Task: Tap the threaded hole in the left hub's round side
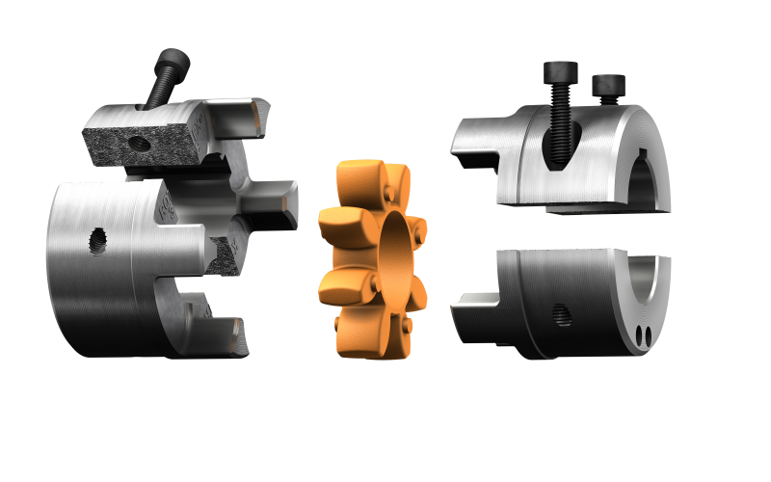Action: point(96,240)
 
